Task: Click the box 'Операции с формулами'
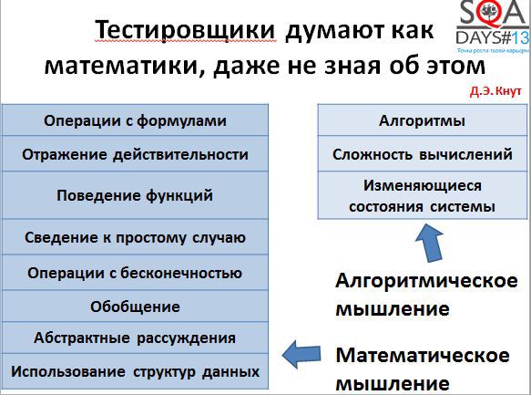coord(135,120)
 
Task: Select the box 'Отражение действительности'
coord(135,154)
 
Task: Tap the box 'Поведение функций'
coord(135,195)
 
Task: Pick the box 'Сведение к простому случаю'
coord(135,237)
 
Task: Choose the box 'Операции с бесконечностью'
coord(135,272)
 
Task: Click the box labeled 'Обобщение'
coord(135,306)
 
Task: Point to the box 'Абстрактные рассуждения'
coord(135,338)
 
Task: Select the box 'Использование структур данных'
coord(135,371)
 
